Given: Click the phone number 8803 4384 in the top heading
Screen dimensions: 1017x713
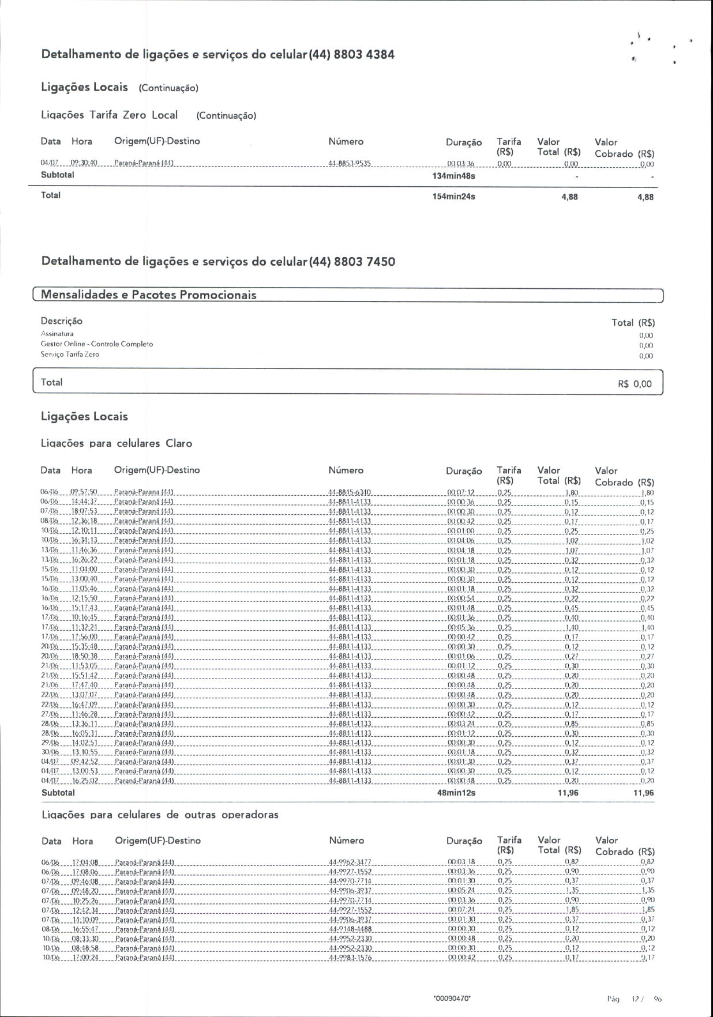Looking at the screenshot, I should (364, 55).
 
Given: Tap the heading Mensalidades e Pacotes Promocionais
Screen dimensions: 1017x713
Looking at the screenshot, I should (149, 295).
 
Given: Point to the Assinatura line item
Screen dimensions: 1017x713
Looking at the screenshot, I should (57, 334).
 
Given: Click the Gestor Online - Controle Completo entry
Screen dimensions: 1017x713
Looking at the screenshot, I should (97, 344).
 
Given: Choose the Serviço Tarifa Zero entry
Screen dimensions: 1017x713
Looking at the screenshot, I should (70, 355).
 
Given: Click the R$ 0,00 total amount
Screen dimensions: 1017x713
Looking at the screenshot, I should (635, 384).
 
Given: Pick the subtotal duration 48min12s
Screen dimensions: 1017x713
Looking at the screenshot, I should (456, 793).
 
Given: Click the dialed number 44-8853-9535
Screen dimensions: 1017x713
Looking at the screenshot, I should (349, 164).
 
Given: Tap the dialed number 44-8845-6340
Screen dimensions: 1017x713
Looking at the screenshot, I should (349, 492).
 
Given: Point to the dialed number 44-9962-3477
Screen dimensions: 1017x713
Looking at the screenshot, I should (350, 862).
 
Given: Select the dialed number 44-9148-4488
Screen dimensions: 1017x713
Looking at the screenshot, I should (350, 929).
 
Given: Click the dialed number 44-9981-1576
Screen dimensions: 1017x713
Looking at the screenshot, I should (350, 958).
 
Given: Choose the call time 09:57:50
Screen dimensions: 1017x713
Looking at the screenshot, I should (84, 492).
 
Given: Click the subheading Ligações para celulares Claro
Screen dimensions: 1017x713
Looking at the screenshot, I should (117, 444).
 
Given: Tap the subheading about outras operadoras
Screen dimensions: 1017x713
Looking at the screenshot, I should (160, 815).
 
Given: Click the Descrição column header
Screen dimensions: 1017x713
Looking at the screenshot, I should (62, 321).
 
